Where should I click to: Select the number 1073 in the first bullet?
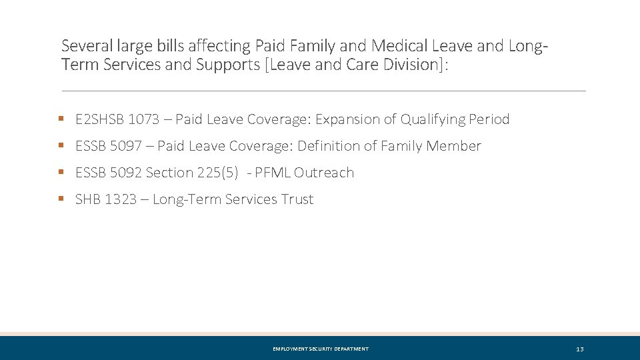coord(144,120)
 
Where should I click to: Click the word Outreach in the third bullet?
coord(324,173)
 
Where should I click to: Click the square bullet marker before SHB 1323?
coord(61,199)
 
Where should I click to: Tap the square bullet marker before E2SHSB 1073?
coord(61,119)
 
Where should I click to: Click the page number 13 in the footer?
coord(579,349)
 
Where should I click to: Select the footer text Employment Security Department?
coord(321,349)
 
